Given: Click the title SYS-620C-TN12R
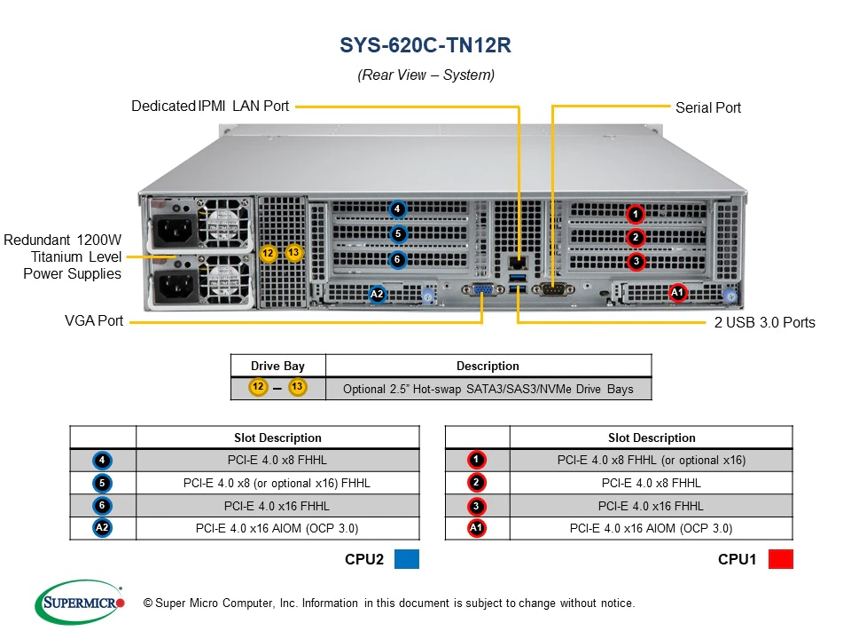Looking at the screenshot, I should [x=425, y=46].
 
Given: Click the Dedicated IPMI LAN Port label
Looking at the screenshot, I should [x=210, y=106].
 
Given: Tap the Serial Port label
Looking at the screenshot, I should [x=707, y=107].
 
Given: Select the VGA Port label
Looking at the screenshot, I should [x=94, y=320].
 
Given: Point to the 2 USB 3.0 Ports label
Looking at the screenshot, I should [x=764, y=322].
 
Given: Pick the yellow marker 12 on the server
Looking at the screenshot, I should [x=269, y=254].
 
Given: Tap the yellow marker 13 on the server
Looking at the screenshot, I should [x=294, y=253].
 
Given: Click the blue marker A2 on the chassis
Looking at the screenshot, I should [x=377, y=294].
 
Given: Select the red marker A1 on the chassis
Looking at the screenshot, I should [x=677, y=292].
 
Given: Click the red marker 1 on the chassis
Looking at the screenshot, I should [x=635, y=214].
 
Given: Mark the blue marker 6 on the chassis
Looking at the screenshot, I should [x=398, y=260].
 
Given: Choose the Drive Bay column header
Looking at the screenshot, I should [x=277, y=366].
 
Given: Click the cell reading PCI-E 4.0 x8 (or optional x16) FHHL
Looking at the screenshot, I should [x=277, y=483].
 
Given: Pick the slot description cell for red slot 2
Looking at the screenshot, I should [x=651, y=483].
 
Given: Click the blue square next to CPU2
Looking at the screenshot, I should [x=406, y=559].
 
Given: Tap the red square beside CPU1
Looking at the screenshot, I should [x=781, y=559].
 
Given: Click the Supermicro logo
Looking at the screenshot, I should [x=79, y=603].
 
